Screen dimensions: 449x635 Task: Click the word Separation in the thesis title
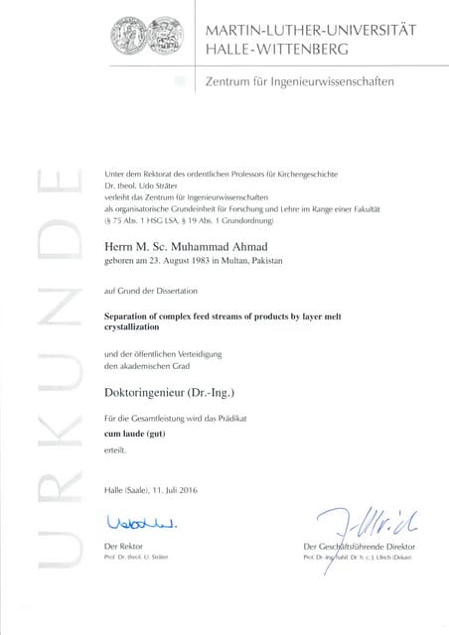point(128,314)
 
